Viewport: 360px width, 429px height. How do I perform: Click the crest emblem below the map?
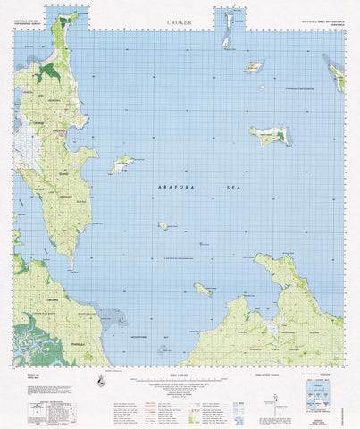click(x=100, y=381)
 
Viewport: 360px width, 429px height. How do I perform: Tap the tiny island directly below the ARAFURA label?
click(x=163, y=226)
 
